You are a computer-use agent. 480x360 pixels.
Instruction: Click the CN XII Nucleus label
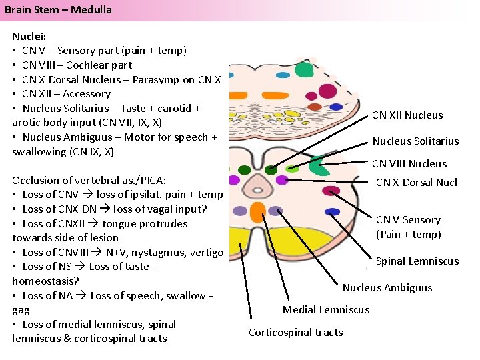click(x=407, y=115)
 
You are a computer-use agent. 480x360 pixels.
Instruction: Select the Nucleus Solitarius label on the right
click(x=415, y=141)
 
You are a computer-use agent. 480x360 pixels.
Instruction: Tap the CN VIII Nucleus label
click(x=409, y=163)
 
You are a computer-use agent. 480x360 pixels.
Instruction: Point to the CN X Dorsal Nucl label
click(x=417, y=182)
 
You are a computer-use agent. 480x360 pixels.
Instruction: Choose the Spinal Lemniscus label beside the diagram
click(x=417, y=261)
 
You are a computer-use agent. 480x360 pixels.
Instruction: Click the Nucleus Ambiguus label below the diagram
click(x=387, y=288)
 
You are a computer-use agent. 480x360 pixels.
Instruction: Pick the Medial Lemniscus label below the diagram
click(x=326, y=309)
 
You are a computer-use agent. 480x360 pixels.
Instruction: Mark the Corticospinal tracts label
click(x=295, y=333)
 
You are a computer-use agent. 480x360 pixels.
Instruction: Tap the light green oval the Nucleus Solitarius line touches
click(x=293, y=169)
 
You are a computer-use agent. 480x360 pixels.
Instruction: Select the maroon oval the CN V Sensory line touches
click(x=331, y=191)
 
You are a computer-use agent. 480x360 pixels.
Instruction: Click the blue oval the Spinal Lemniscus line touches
click(x=332, y=212)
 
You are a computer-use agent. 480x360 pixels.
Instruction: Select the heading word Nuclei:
click(x=29, y=36)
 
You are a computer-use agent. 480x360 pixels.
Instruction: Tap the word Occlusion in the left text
click(x=35, y=180)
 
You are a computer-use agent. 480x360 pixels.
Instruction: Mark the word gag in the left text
click(x=21, y=310)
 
